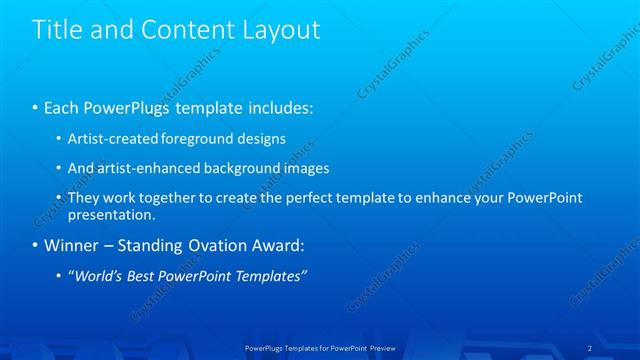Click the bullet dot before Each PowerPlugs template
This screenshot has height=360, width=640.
[36, 107]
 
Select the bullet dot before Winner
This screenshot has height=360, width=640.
[36, 245]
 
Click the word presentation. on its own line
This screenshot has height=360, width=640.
[111, 214]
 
